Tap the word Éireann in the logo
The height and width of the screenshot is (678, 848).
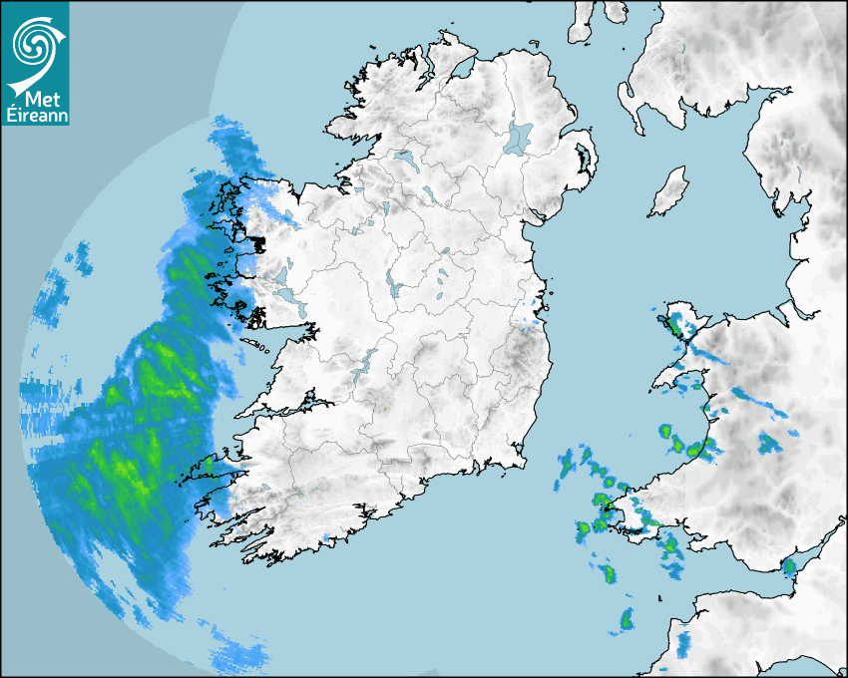pyautogui.click(x=34, y=117)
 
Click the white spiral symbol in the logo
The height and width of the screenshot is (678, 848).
pyautogui.click(x=33, y=44)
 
